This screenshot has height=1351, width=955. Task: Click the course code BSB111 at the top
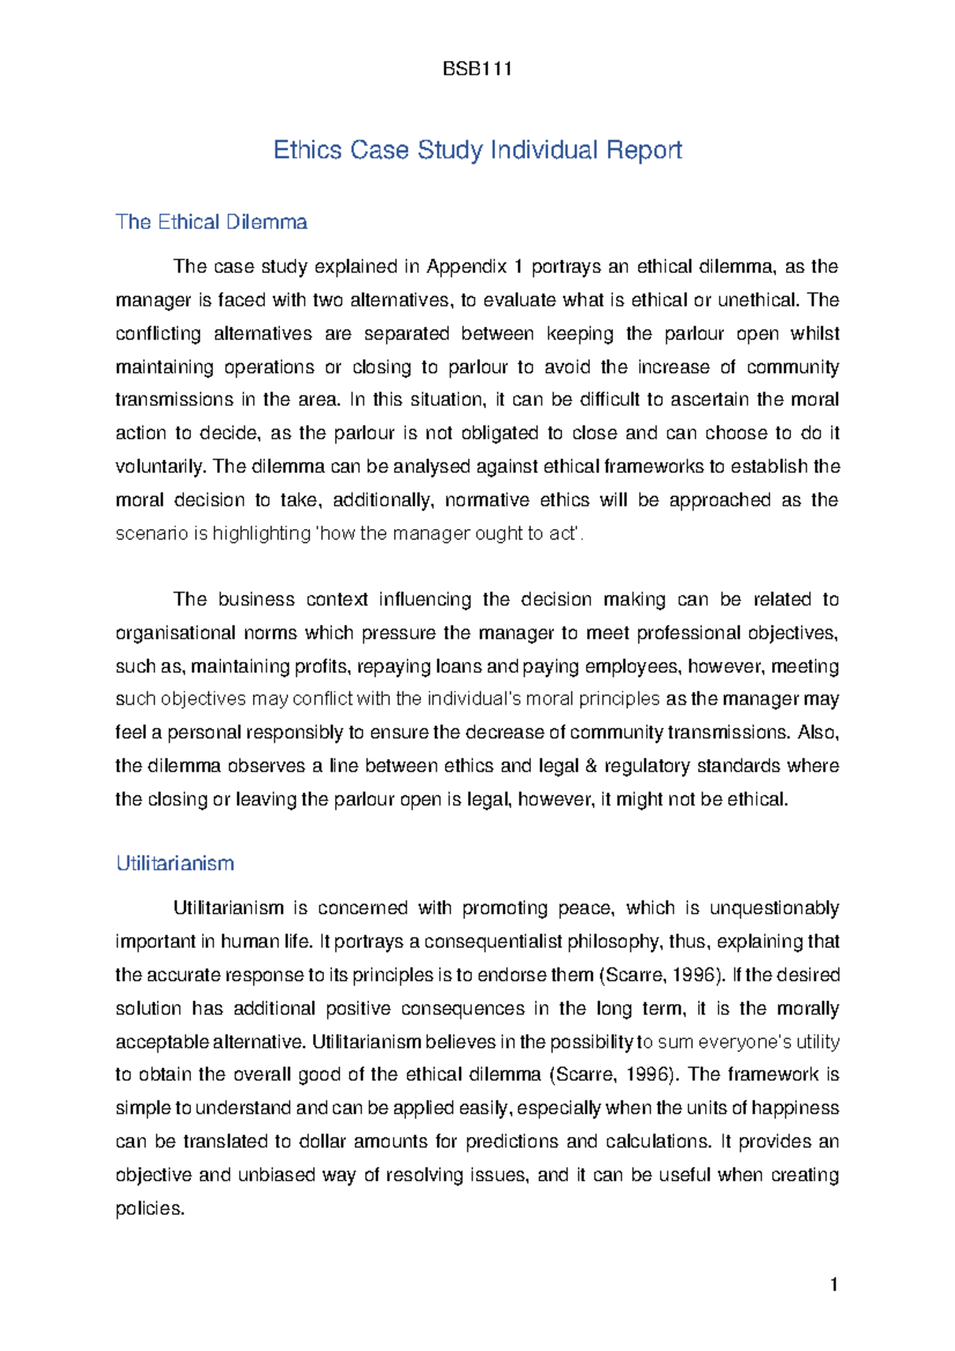[x=477, y=69]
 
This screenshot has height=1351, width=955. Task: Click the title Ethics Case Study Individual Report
[x=477, y=150]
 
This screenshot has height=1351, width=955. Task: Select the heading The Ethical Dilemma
[x=211, y=222]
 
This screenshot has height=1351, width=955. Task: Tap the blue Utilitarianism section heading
[x=175, y=863]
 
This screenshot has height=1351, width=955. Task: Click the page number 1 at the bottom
[x=833, y=1284]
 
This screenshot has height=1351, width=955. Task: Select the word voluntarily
[x=162, y=467]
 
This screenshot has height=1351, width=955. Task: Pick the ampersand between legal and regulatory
[x=591, y=766]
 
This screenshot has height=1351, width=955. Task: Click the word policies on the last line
[x=149, y=1209]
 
